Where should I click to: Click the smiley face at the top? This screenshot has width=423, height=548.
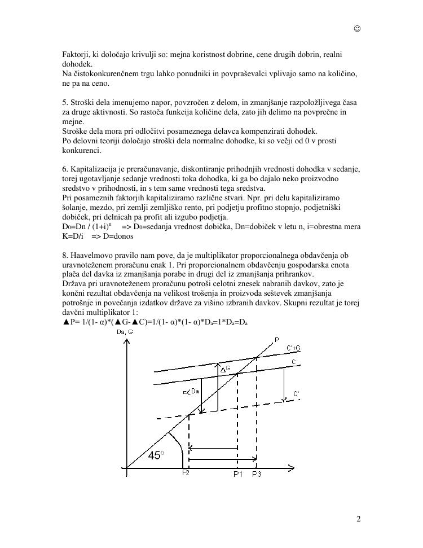click(x=357, y=29)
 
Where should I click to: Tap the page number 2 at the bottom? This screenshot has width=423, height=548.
click(x=358, y=519)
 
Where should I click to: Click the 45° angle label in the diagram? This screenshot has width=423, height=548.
click(x=156, y=455)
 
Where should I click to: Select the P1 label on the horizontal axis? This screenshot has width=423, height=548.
click(x=238, y=474)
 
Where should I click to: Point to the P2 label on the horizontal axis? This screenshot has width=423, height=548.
click(x=186, y=473)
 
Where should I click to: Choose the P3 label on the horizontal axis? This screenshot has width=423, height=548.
click(x=257, y=474)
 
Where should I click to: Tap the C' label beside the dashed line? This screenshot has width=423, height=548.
click(x=296, y=393)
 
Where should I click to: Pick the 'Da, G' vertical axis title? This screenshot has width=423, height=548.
click(x=124, y=332)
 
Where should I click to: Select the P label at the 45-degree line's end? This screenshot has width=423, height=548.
click(x=276, y=339)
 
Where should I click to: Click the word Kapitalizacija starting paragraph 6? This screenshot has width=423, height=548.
click(x=94, y=169)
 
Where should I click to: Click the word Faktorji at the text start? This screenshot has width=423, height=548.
click(x=76, y=54)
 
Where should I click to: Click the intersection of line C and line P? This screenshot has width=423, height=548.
click(x=237, y=372)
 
